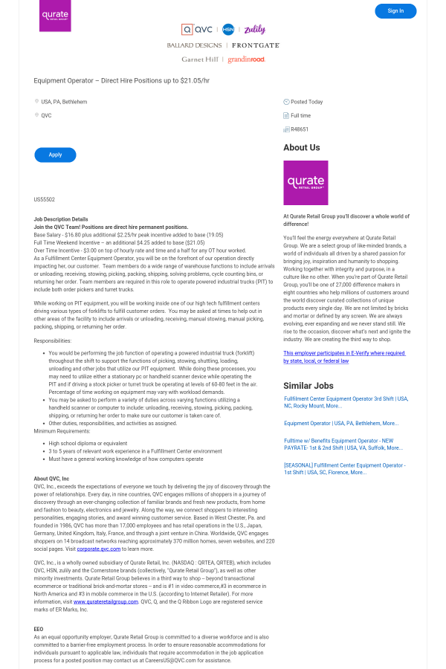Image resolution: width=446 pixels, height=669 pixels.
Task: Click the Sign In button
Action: click(395, 11)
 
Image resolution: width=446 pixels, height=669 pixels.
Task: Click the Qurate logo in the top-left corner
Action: click(55, 16)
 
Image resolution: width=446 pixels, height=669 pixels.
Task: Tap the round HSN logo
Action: click(228, 30)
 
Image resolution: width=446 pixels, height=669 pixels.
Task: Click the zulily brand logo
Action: click(254, 30)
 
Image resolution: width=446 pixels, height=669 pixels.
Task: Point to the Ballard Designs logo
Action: click(194, 45)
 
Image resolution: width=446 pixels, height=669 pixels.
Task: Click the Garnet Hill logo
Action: click(200, 59)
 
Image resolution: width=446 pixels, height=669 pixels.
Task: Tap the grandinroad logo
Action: click(246, 59)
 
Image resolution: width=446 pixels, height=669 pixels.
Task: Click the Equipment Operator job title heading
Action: click(122, 80)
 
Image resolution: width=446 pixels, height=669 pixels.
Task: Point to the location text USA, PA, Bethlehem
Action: click(64, 101)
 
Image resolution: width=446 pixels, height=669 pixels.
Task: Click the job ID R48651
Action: click(300, 129)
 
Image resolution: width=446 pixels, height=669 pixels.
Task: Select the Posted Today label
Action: click(306, 101)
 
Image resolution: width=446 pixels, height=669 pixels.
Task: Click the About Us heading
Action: click(302, 147)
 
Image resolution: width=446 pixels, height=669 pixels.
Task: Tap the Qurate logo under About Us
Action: click(306, 183)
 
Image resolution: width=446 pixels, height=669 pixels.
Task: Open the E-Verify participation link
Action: click(343, 357)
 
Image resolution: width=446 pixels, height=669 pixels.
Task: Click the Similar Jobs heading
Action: click(307, 386)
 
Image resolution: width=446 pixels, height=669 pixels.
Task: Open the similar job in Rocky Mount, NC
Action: click(346, 402)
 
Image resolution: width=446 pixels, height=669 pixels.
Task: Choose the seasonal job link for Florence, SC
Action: click(344, 468)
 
